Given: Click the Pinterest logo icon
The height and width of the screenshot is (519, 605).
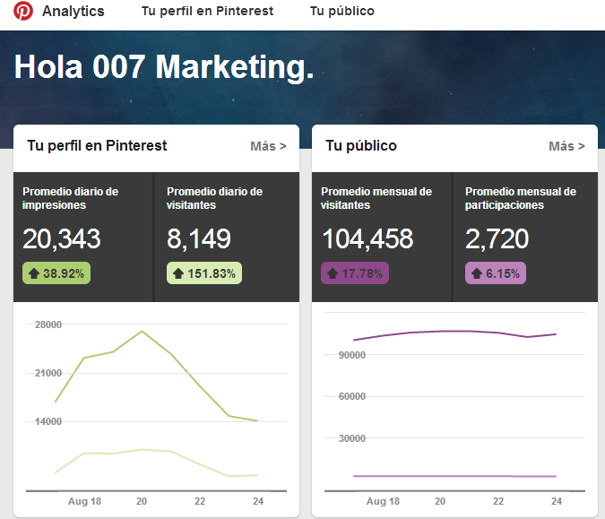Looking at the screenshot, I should click(x=22, y=12).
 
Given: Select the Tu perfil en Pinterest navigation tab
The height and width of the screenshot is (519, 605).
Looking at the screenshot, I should click(x=207, y=12).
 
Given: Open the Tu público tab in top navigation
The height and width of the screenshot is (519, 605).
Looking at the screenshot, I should click(x=341, y=12).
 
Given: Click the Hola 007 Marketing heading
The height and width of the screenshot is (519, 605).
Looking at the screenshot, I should click(x=164, y=67).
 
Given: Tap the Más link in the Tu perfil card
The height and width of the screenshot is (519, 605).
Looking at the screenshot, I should click(x=268, y=146).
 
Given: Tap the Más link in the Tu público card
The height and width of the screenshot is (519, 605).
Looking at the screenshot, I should click(x=566, y=146).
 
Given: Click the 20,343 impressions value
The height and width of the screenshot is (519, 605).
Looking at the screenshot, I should click(x=62, y=239).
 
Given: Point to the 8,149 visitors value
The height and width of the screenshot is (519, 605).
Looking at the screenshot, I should click(x=199, y=239).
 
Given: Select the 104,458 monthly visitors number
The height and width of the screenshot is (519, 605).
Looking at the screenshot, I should click(x=367, y=239).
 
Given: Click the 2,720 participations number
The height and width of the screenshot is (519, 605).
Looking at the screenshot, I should click(x=497, y=239).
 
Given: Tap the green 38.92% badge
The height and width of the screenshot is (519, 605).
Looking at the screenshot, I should click(x=56, y=273).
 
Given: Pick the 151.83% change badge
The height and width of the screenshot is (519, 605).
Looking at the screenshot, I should click(x=203, y=273).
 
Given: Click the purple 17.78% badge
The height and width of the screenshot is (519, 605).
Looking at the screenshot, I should click(x=354, y=273).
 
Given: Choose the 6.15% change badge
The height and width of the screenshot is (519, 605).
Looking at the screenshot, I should click(x=495, y=273).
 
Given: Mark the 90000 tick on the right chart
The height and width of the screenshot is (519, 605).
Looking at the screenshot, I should click(x=344, y=355).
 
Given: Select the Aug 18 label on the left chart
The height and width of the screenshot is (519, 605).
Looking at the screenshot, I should click(x=84, y=501).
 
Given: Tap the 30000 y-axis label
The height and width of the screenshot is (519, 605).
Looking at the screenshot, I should click(x=344, y=438).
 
